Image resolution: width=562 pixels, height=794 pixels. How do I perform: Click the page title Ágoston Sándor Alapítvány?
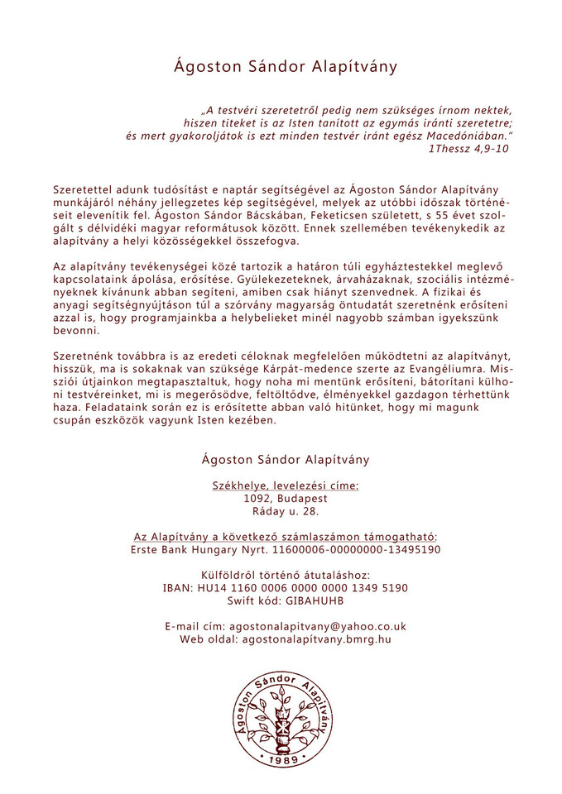(286, 67)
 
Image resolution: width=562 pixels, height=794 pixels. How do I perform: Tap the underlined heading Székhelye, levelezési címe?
(286, 485)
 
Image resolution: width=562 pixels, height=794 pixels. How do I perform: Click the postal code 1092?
(258, 499)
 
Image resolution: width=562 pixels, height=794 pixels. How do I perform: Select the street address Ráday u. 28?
(286, 512)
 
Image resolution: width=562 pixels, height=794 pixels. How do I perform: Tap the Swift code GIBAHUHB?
(316, 600)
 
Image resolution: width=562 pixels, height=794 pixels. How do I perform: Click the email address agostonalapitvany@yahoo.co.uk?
(318, 626)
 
